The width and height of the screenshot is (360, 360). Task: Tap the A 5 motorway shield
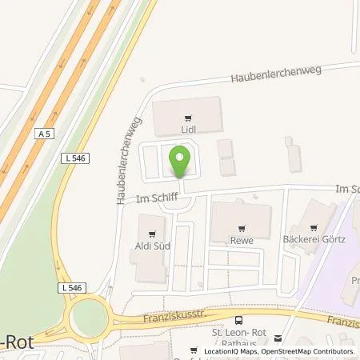click(x=44, y=135)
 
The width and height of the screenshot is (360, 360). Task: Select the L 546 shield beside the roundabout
click(x=68, y=286)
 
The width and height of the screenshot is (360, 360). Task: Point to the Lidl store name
click(x=188, y=126)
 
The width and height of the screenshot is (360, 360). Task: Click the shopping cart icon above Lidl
click(x=188, y=115)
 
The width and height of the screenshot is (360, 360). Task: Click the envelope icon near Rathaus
click(x=278, y=338)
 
